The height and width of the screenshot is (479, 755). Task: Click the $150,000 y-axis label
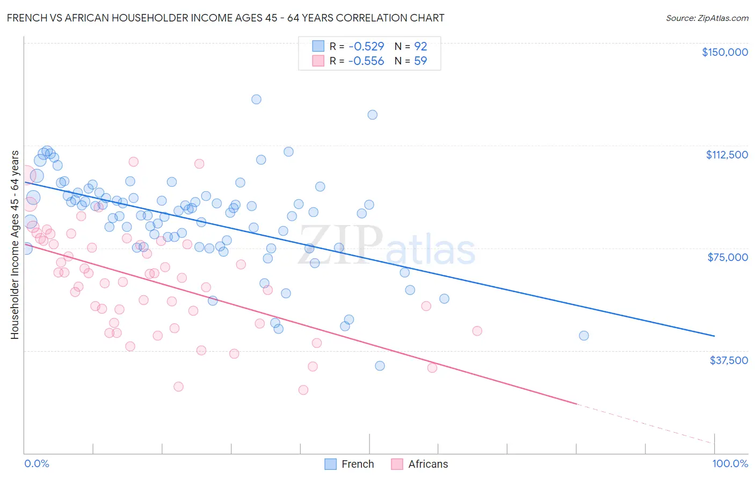(x=724, y=52)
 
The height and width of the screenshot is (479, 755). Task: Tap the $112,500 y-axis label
(x=727, y=155)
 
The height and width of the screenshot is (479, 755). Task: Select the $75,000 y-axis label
(x=728, y=257)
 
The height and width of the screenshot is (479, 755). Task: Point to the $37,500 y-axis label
(x=729, y=360)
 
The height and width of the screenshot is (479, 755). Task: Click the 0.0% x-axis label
(x=37, y=463)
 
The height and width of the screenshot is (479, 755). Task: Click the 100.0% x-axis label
(x=730, y=463)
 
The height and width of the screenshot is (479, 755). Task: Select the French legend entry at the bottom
(x=350, y=464)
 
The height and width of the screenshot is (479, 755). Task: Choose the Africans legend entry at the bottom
(x=419, y=464)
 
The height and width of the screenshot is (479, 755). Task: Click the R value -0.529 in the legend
(x=366, y=47)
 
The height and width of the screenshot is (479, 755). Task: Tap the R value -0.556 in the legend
(x=366, y=61)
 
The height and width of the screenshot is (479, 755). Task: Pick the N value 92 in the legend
(x=420, y=47)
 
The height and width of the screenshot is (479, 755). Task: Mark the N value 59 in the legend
(x=420, y=61)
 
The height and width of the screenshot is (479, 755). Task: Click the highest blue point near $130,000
(x=256, y=99)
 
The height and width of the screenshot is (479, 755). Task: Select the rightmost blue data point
(x=584, y=336)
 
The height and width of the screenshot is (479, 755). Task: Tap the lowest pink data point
(x=303, y=390)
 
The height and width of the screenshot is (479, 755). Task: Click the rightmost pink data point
(x=477, y=331)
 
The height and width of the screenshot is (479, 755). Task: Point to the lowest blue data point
(x=380, y=366)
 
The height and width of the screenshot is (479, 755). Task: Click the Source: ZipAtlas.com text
(x=707, y=18)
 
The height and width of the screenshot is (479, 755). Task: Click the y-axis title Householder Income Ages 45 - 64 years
(x=15, y=245)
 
